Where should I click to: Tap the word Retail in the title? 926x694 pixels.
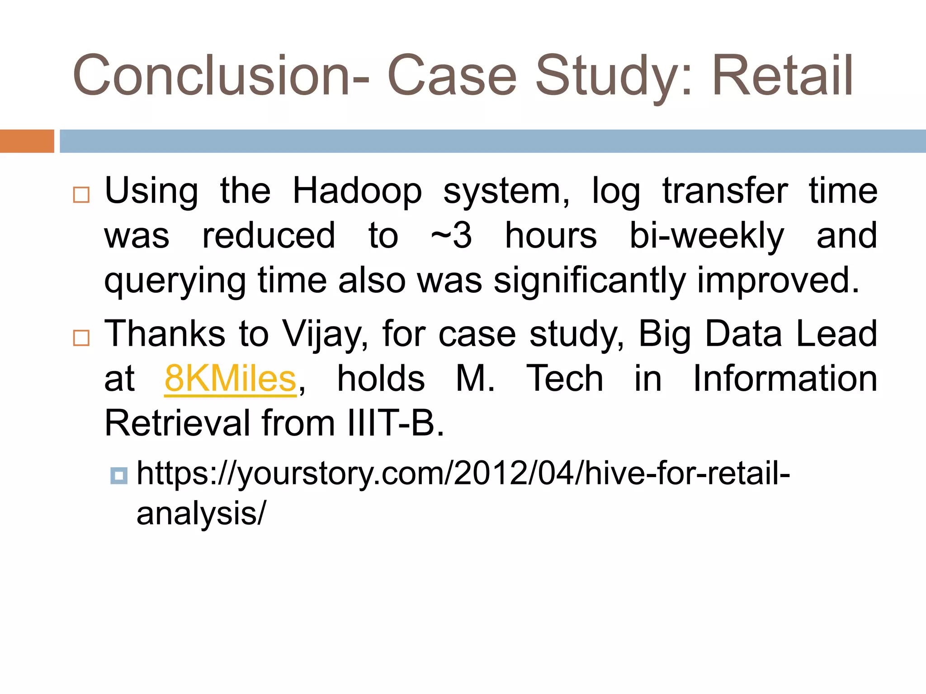pos(782,76)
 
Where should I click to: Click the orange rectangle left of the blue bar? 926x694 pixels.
pos(27,141)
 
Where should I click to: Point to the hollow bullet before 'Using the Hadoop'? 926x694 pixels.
pos(81,195)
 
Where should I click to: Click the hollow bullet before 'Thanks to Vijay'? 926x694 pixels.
pos(81,338)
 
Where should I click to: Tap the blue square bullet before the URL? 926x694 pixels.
pos(119,476)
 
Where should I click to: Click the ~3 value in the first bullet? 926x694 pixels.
pos(451,236)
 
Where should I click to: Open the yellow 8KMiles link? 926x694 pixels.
pos(230,379)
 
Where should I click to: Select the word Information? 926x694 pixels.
pos(785,379)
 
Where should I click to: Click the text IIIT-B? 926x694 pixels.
pos(396,423)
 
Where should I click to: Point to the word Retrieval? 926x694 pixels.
pos(177,423)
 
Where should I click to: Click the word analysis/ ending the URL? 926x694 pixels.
pos(201,514)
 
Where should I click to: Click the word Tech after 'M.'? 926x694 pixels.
pos(565,379)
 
